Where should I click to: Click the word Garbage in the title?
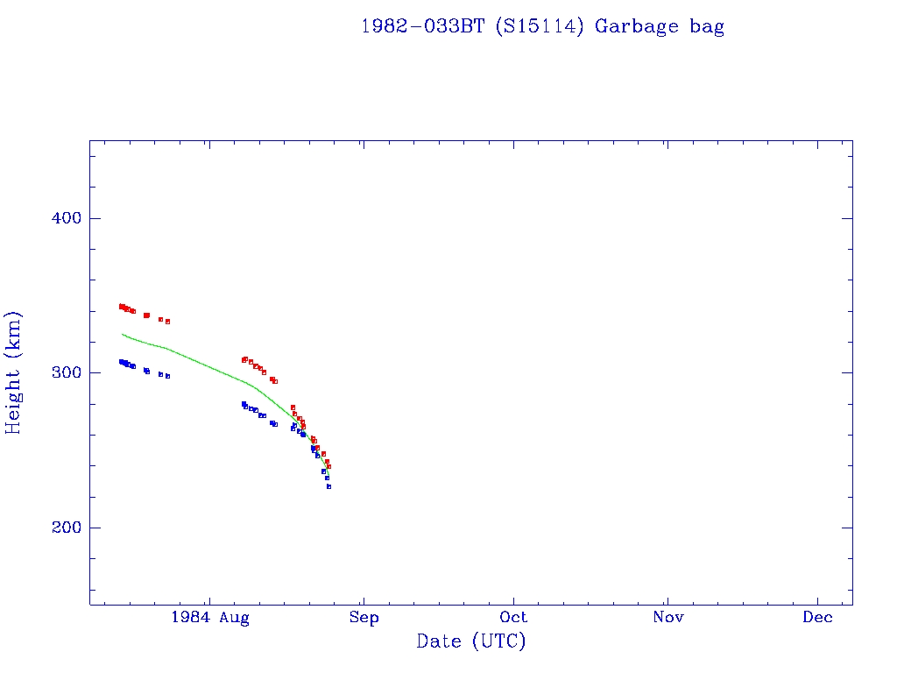637,27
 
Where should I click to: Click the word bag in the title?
707,27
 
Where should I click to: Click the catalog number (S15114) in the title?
539,26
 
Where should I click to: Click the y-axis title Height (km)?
14,372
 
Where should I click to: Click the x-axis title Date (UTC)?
471,641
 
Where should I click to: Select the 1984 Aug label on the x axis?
210,618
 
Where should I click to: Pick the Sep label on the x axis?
364,618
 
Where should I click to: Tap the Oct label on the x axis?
515,618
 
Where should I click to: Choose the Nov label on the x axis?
667,618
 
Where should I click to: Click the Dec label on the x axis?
818,618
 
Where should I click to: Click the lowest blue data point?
328,486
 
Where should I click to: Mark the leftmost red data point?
121,306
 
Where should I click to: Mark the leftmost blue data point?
121,361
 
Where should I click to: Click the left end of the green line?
122,334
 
